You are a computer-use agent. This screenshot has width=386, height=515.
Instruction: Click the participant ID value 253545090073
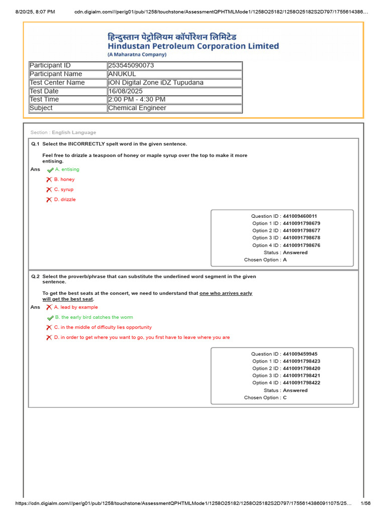[x=131, y=65]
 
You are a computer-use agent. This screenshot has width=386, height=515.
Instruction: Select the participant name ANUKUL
[x=122, y=74]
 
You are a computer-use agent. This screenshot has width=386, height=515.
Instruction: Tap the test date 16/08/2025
[x=126, y=91]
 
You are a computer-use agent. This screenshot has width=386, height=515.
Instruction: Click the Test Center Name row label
[x=57, y=82]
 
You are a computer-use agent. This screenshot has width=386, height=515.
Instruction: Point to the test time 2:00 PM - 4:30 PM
[x=137, y=100]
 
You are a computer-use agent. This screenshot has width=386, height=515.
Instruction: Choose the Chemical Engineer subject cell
[x=137, y=108]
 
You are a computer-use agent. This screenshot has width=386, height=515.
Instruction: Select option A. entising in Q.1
[x=67, y=169]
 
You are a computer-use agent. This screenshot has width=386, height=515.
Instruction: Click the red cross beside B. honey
[x=49, y=180]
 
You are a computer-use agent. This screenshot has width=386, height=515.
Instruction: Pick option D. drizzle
[x=65, y=200]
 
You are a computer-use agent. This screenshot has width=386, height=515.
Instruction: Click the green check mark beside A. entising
[x=50, y=170]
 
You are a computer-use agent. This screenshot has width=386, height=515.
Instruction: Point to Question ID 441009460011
[x=300, y=216]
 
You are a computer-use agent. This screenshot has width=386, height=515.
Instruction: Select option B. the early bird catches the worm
[x=94, y=317]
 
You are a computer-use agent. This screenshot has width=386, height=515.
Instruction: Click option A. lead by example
[x=76, y=307]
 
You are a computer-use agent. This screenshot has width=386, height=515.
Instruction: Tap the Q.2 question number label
[x=35, y=277]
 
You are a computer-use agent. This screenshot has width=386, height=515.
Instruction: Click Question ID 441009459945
[x=300, y=354]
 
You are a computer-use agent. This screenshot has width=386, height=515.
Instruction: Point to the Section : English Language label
[x=63, y=133]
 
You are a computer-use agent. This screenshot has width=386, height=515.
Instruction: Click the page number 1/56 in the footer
[x=365, y=503]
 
